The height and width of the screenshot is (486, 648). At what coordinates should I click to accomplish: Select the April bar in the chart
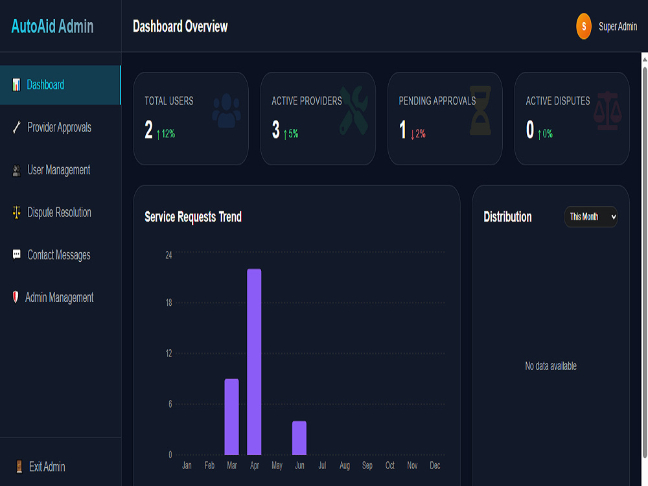tap(254, 362)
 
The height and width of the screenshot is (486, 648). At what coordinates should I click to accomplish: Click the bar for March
tap(231, 417)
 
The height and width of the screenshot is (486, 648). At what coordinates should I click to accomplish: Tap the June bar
tap(299, 437)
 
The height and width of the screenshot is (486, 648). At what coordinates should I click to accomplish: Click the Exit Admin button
tap(40, 467)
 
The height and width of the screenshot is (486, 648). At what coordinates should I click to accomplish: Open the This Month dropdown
tap(590, 216)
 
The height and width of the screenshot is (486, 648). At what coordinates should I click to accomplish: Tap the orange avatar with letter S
tap(584, 27)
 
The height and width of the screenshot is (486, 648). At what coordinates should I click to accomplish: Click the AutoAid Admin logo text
tap(52, 27)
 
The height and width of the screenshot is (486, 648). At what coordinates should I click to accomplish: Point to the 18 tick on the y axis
tap(168, 303)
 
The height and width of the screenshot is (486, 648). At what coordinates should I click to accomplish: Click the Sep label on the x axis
tap(367, 466)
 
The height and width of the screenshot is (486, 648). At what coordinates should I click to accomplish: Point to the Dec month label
tap(435, 465)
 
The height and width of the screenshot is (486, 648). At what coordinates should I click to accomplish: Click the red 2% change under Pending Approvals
tap(418, 133)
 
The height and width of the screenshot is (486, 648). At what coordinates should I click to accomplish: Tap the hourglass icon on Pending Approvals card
tap(481, 110)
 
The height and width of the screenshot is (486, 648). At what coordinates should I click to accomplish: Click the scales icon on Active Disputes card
tap(607, 110)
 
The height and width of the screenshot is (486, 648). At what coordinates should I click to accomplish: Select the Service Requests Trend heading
tap(193, 217)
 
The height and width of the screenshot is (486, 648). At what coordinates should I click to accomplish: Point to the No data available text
tap(550, 366)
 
